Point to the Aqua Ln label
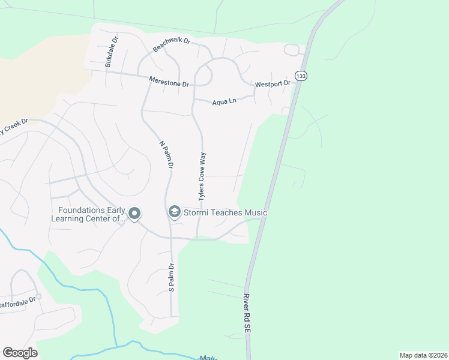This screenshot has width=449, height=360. (224, 102)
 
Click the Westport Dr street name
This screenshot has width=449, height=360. (273, 84)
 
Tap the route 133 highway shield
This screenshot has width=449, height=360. (301, 76)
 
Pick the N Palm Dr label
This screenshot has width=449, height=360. (166, 155)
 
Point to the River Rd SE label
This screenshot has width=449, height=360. (246, 314)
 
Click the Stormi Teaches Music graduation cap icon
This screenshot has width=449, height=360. (175, 212)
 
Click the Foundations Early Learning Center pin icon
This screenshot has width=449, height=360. (134, 214)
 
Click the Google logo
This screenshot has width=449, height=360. (20, 352)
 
